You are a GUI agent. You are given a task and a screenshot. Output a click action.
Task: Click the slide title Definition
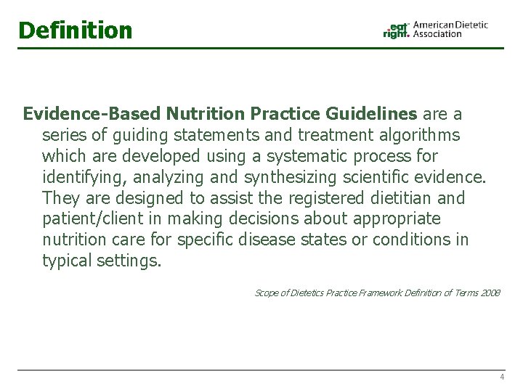pos(76,30)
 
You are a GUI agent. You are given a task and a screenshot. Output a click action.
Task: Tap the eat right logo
pos(397,30)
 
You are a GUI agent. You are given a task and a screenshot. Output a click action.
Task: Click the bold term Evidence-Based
pos(92,114)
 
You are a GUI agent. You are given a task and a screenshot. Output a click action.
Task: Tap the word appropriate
pos(404,219)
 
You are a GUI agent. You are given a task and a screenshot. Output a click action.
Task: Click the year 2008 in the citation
pos(490,293)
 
